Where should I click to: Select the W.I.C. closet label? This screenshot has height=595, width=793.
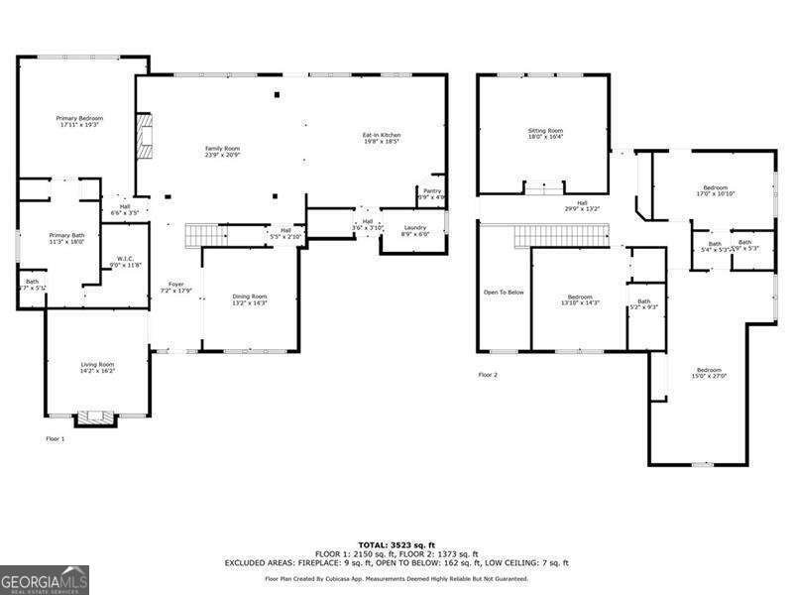pos(126,261)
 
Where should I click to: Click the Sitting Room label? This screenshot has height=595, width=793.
pos(544,133)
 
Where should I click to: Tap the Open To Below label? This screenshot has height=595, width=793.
pos(503,293)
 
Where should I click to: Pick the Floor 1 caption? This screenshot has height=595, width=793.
pos(55,438)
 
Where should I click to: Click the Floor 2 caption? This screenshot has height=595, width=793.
pos(488,375)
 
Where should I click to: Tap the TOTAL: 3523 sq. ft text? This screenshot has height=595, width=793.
pos(396,544)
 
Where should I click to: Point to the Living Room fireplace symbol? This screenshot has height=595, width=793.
pos(96,416)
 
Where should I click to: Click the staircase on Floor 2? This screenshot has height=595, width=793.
pos(560,237)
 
